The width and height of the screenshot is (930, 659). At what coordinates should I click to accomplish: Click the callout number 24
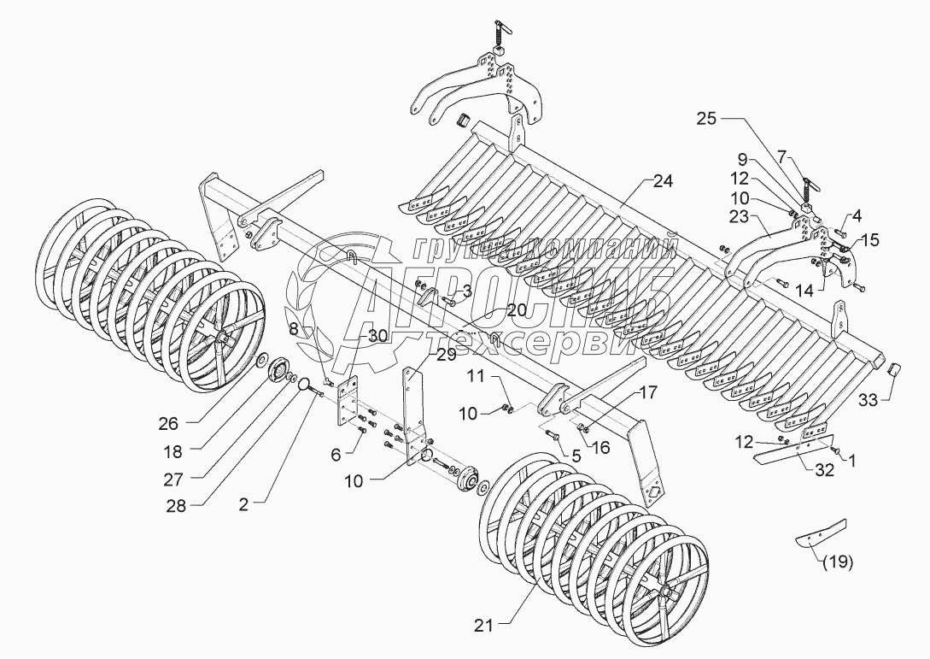[664, 181]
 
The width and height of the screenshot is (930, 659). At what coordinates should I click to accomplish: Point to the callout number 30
[378, 336]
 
